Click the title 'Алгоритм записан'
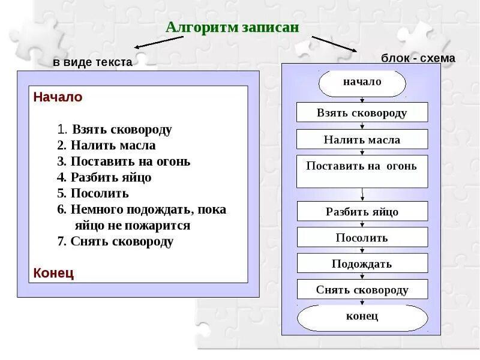click(232, 28)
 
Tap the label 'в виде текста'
click(92, 62)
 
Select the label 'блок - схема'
click(418, 58)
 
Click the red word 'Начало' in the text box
click(58, 97)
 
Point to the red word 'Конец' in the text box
click(53, 273)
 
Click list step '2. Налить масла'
click(106, 145)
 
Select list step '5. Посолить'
click(93, 193)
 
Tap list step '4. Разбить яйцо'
click(104, 177)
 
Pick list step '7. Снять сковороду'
click(115, 242)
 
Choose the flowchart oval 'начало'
click(362, 83)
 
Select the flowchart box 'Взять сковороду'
click(362, 112)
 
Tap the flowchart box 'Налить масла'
click(362, 139)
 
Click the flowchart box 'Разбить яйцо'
click(362, 211)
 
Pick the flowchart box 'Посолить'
click(362, 238)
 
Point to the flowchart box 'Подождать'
click(362, 263)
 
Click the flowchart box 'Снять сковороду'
click(362, 290)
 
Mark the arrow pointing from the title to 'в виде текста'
click(158, 42)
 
